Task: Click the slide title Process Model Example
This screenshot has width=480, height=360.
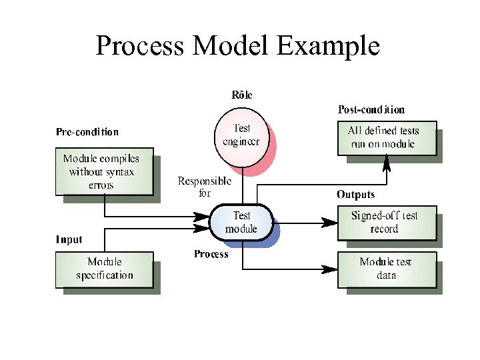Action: pyautogui.click(x=238, y=47)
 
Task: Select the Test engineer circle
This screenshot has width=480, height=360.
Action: pyautogui.click(x=241, y=135)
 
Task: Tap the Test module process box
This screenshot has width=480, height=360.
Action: pyautogui.click(x=241, y=222)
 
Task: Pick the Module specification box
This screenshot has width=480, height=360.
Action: pyautogui.click(x=103, y=269)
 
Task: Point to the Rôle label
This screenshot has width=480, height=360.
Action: pyautogui.click(x=242, y=95)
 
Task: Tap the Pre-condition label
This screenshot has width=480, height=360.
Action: pyautogui.click(x=87, y=132)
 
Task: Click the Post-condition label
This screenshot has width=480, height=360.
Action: pyautogui.click(x=371, y=109)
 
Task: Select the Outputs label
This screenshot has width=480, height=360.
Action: pyautogui.click(x=355, y=195)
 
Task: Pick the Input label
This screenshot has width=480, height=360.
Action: pyautogui.click(x=69, y=239)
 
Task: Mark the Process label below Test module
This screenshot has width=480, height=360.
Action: pyautogui.click(x=211, y=254)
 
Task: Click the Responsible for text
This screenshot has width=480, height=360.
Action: pyautogui.click(x=205, y=187)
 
